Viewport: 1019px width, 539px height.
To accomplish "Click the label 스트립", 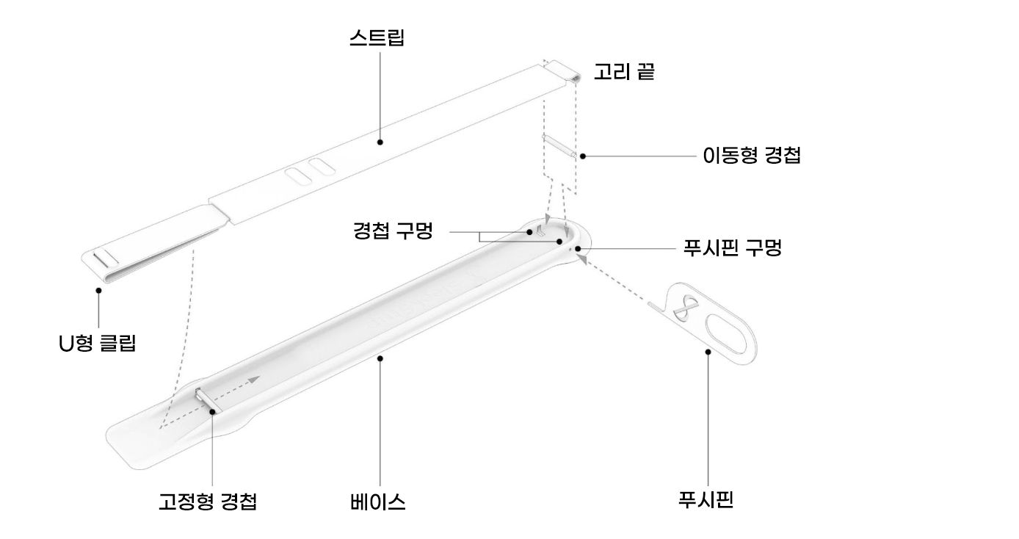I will (x=377, y=37).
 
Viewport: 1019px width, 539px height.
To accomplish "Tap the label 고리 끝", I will (x=623, y=72).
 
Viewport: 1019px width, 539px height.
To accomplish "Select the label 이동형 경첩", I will (x=751, y=156).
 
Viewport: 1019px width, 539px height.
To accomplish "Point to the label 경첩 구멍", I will (x=392, y=232).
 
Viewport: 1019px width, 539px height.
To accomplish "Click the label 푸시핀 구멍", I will (x=731, y=248).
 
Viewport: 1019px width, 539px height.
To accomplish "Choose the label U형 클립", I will (x=98, y=342).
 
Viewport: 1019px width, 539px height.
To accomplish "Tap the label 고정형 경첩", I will (x=208, y=502).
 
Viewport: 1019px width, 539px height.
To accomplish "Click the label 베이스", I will (x=378, y=502).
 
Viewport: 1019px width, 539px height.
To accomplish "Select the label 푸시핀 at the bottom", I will (x=707, y=500).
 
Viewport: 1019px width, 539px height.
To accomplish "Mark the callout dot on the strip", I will (x=380, y=141).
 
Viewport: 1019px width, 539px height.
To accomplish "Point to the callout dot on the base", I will (x=380, y=358).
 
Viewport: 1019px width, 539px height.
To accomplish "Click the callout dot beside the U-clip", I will (x=98, y=291).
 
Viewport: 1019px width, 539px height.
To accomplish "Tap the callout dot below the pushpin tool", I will (x=708, y=352).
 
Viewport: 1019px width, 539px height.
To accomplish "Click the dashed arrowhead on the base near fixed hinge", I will (x=254, y=379).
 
